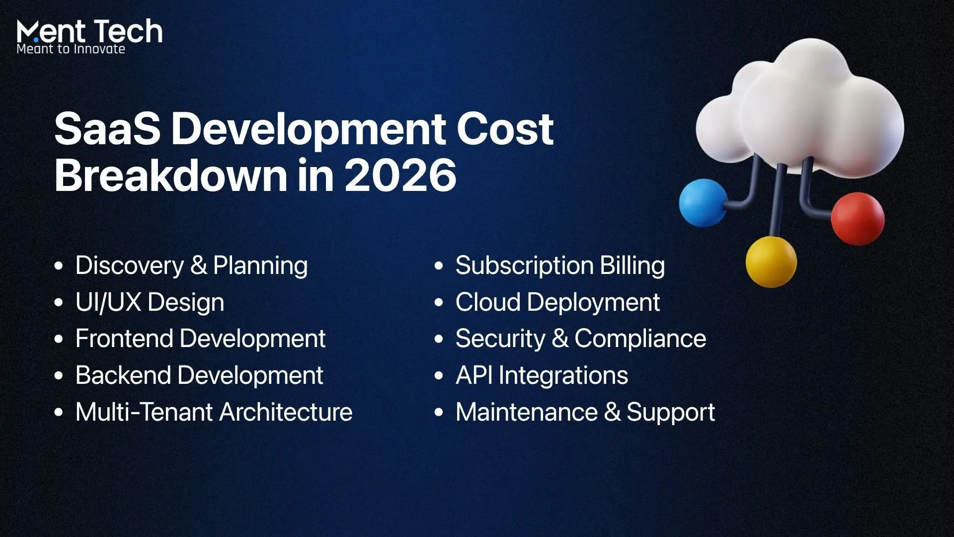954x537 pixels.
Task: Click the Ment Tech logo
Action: point(89,36)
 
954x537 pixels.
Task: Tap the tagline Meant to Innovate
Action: point(71,49)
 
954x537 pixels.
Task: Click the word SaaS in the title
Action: point(107,129)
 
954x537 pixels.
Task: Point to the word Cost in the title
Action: point(505,129)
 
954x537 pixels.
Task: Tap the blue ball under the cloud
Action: point(703,203)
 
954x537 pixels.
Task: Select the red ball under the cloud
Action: point(858,219)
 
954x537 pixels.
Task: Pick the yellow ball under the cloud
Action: point(771,262)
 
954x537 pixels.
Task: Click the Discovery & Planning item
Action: point(191,266)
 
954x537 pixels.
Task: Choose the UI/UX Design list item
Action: point(150,303)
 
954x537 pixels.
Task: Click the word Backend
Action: point(123,375)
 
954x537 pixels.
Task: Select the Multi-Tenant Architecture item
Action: point(214,412)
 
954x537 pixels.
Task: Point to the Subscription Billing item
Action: point(560,266)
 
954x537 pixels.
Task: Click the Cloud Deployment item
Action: point(557,303)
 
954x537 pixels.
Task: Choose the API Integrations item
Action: point(542,376)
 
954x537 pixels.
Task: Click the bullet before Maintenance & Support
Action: point(439,412)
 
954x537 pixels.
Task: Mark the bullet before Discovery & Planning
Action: point(59,266)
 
